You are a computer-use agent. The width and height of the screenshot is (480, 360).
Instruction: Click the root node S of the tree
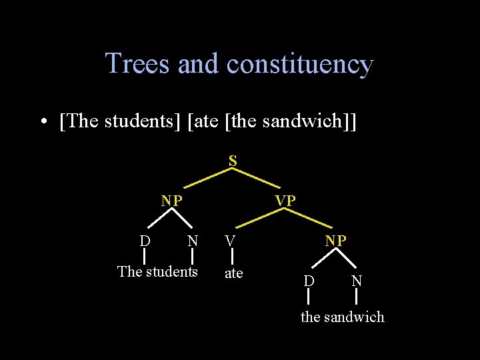point(233,161)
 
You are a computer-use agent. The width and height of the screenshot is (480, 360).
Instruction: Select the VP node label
point(285,200)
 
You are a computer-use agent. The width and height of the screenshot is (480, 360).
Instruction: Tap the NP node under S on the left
point(172,200)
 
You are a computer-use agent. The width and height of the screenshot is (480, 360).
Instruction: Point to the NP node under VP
point(335,241)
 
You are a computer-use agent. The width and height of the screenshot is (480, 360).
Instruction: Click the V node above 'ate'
point(230,241)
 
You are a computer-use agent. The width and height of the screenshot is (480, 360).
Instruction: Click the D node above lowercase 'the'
point(309,281)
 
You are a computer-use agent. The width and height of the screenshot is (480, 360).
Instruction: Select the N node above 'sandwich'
point(357,281)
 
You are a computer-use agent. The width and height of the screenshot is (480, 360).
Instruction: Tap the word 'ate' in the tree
point(233,273)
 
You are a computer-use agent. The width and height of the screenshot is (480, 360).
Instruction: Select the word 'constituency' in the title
point(300,64)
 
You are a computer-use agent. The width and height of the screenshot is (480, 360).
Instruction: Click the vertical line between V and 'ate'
point(231,257)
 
